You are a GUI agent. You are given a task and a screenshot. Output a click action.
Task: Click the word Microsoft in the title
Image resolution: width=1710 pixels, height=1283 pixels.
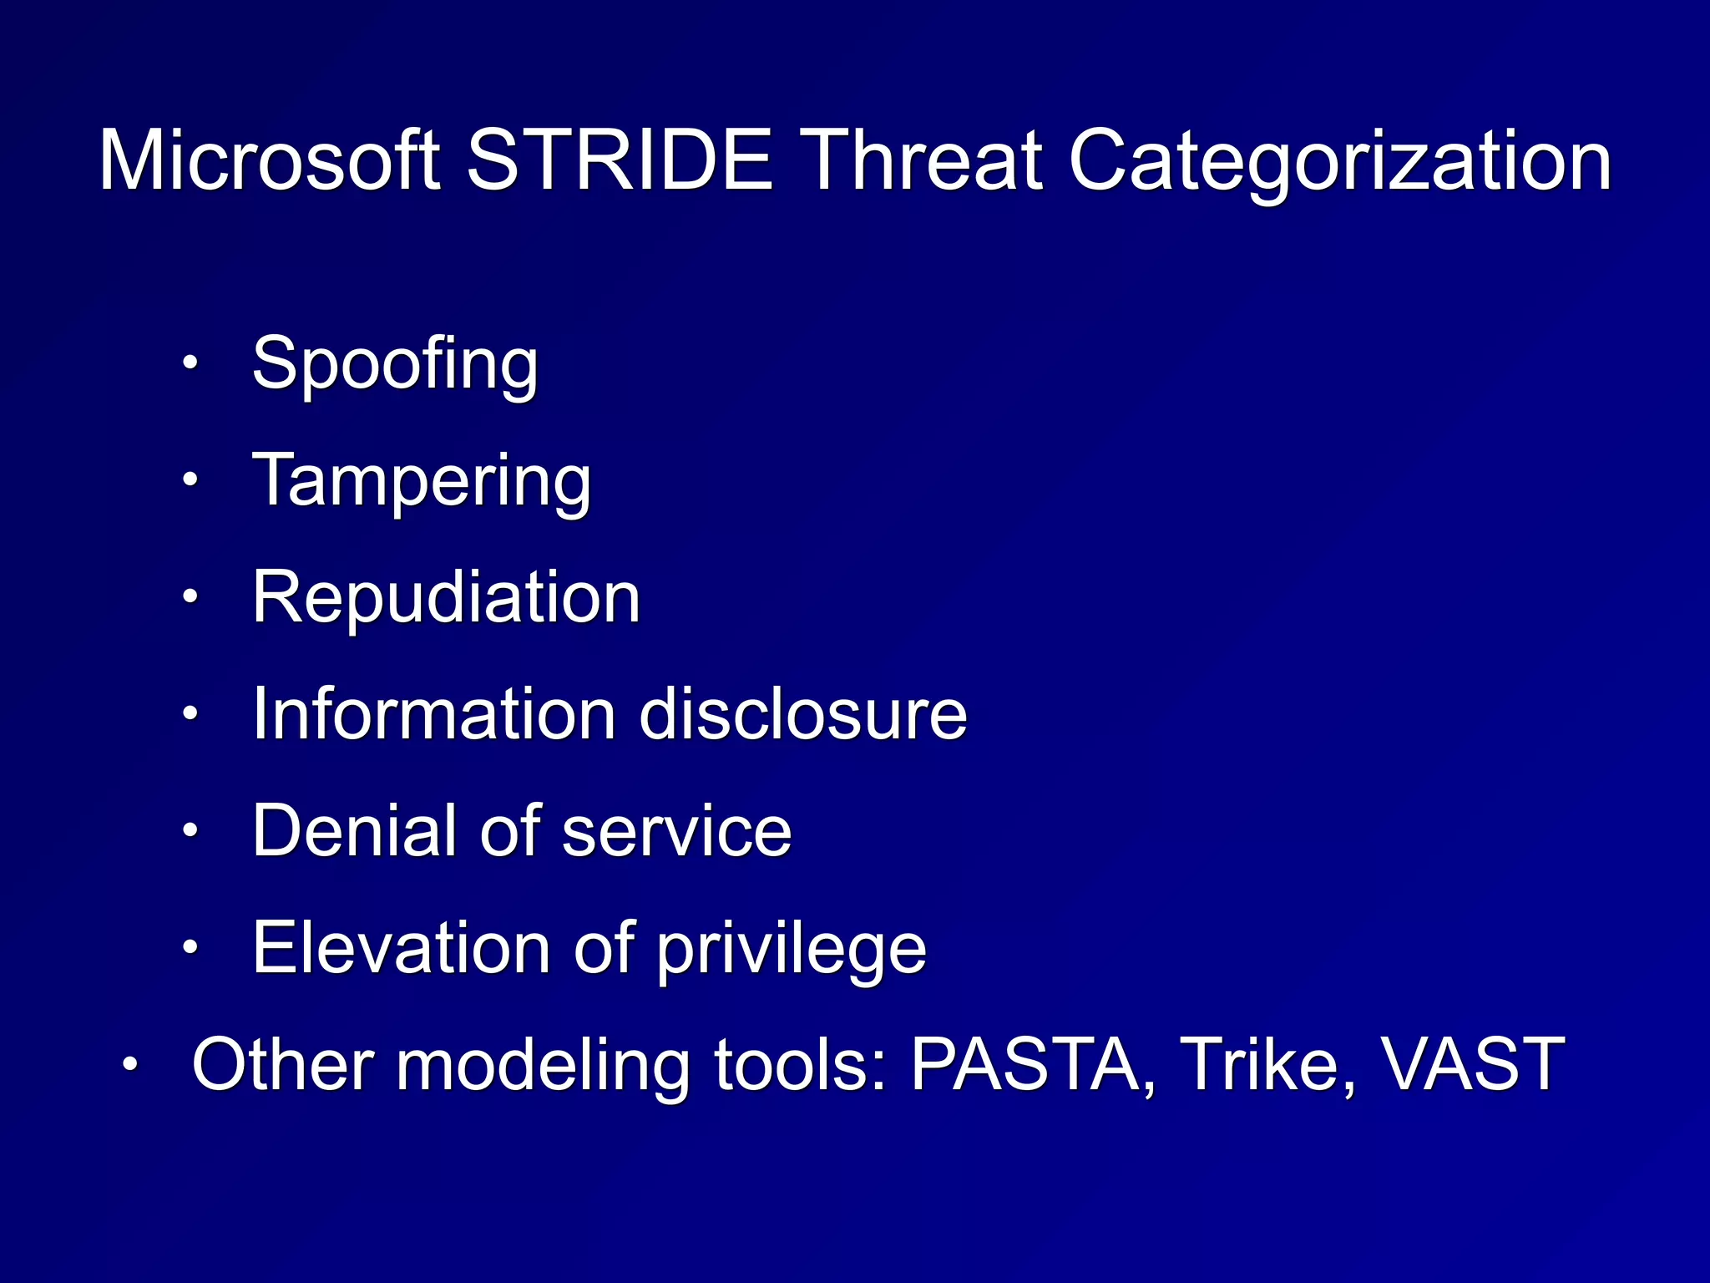tap(269, 160)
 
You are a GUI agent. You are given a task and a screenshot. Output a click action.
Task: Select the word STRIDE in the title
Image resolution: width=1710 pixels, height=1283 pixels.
tap(619, 160)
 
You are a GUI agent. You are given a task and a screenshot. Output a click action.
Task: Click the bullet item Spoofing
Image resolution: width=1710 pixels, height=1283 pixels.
tap(395, 364)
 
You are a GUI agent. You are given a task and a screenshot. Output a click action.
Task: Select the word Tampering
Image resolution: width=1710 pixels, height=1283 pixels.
tap(422, 481)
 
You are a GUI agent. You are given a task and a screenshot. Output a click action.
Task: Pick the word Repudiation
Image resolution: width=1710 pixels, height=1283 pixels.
tap(446, 597)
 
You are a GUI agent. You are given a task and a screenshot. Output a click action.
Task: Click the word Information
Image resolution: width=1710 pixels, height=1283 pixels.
tap(433, 714)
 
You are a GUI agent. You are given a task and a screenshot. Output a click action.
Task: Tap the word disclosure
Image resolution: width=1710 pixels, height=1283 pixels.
tap(803, 714)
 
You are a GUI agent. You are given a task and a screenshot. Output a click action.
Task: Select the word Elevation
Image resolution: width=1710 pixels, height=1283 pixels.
tap(401, 948)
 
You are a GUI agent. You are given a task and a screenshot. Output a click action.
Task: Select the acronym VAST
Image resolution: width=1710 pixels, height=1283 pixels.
tap(1472, 1065)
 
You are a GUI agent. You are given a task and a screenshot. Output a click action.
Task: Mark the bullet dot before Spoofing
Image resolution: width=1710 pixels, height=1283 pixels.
tap(191, 363)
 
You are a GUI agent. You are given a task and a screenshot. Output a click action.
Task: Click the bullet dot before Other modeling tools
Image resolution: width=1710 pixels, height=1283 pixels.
tap(130, 1064)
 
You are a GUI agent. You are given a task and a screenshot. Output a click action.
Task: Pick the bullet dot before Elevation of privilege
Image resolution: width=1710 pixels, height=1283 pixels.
tap(191, 947)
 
